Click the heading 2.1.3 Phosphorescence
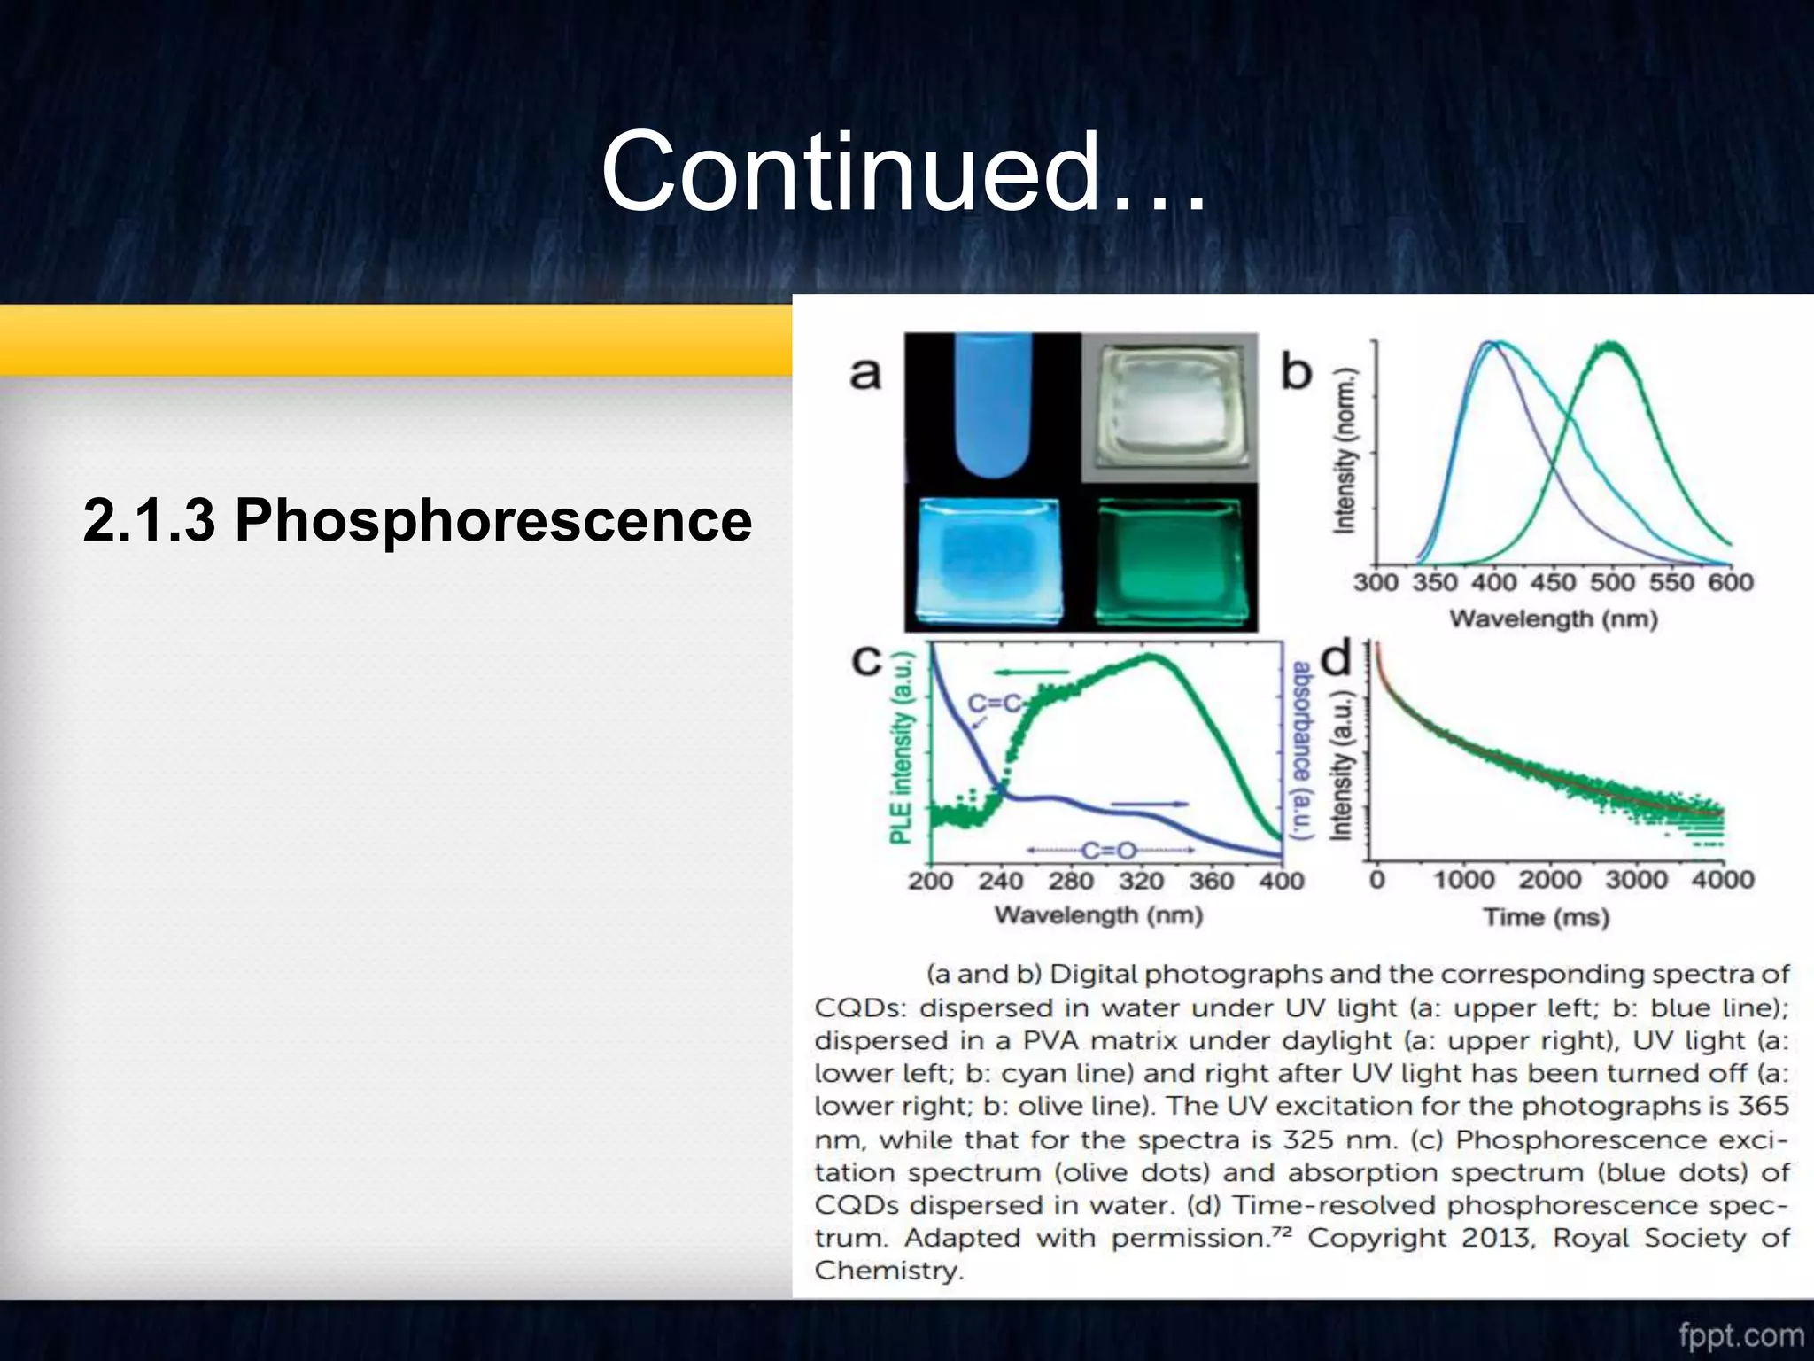(x=417, y=520)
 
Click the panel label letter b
(x=1297, y=371)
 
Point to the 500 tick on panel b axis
(x=1612, y=582)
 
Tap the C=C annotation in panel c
(x=995, y=704)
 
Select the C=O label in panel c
(x=1109, y=851)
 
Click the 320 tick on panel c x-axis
(x=1141, y=881)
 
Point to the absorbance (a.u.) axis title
(x=1301, y=750)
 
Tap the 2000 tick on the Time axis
(x=1549, y=880)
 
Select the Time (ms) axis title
(x=1547, y=917)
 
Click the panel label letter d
(x=1337, y=659)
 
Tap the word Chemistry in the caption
(x=887, y=1271)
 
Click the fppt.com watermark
(x=1740, y=1335)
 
